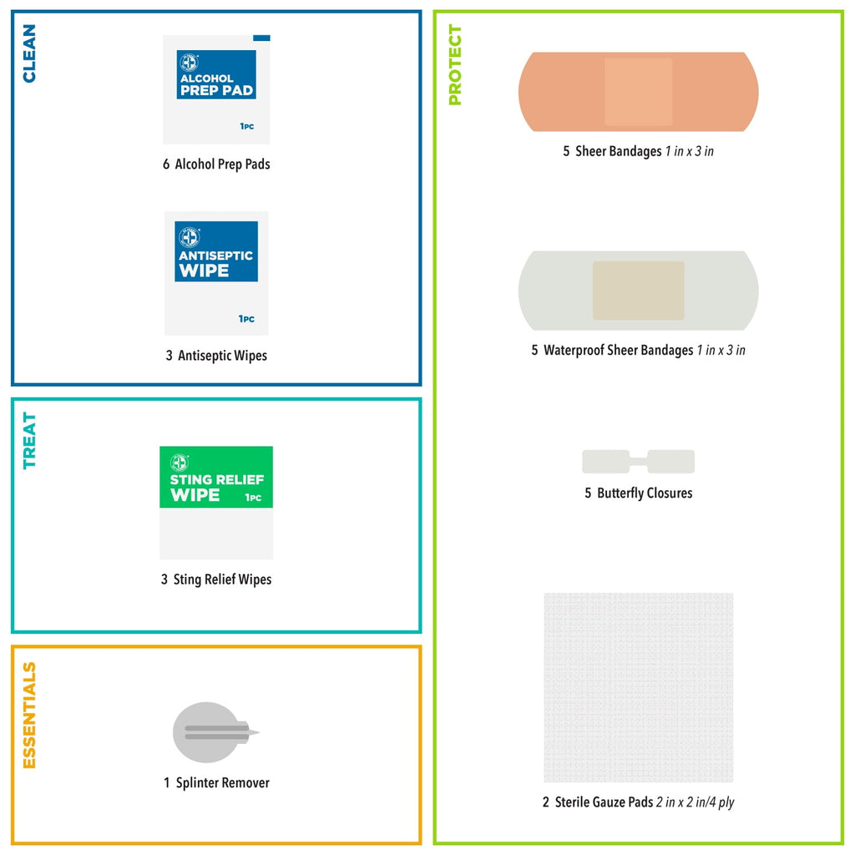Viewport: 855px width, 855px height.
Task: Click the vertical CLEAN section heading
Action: [29, 53]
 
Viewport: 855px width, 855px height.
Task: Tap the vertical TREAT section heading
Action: [29, 440]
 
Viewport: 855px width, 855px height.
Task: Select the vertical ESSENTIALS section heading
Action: [29, 715]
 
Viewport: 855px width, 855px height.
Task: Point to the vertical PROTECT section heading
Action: [454, 64]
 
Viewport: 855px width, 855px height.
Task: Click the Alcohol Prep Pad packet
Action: [216, 89]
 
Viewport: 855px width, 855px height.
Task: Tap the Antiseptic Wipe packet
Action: [216, 273]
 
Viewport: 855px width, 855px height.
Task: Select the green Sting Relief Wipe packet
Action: [216, 503]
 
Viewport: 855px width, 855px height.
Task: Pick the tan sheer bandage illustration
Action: [639, 92]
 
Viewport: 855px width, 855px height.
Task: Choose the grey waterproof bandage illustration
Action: [639, 291]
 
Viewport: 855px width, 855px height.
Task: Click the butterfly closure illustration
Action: [639, 462]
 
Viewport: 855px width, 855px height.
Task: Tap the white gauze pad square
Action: [639, 688]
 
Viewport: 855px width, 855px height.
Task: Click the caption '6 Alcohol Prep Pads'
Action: [216, 164]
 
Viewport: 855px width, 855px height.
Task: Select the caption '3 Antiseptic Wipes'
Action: [216, 356]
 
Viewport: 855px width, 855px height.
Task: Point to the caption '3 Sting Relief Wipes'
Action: [216, 579]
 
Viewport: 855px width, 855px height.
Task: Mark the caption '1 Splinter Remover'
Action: [216, 782]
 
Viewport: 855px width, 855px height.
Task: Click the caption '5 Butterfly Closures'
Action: [639, 493]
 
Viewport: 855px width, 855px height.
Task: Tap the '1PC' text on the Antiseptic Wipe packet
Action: [246, 319]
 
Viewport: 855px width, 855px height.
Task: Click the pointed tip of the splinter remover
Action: [259, 732]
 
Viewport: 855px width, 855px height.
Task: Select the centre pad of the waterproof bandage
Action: [639, 291]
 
